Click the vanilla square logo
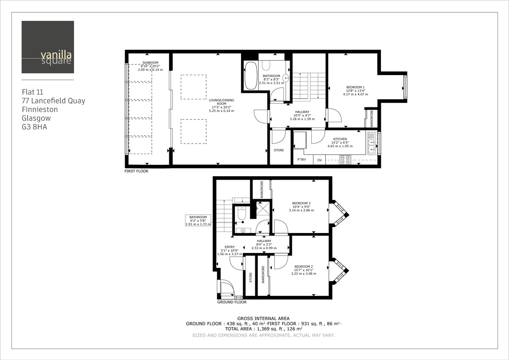[x=48, y=47]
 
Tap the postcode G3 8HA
[x=35, y=127]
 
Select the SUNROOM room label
[x=150, y=62]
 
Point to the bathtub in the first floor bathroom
[x=250, y=75]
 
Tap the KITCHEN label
[x=340, y=139]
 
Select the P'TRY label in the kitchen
[x=302, y=160]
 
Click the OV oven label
[x=319, y=160]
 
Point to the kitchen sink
[x=372, y=143]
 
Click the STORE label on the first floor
[x=279, y=150]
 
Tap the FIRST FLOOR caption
[x=136, y=172]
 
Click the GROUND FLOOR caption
[x=232, y=302]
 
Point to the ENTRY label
[x=229, y=247]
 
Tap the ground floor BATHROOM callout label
[x=198, y=217]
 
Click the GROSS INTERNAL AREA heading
[x=263, y=318]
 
